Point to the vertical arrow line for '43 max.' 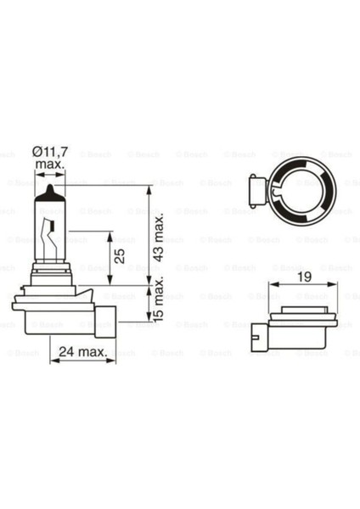(x=149, y=238)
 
